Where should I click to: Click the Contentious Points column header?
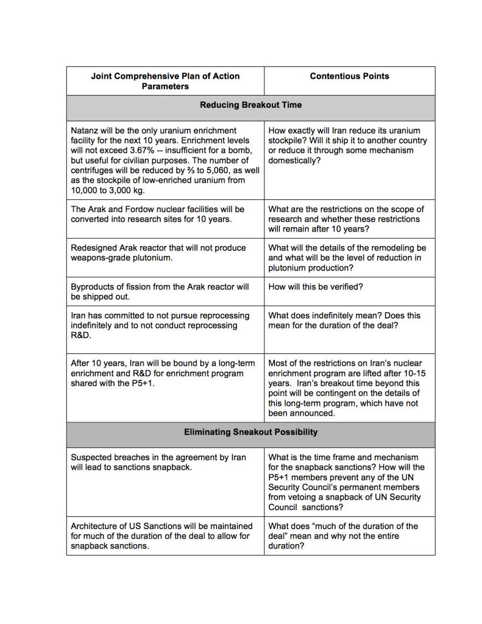349,76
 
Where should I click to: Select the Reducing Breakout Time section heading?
250,105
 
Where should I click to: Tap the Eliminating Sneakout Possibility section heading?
250,432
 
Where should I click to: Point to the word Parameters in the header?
165,86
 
